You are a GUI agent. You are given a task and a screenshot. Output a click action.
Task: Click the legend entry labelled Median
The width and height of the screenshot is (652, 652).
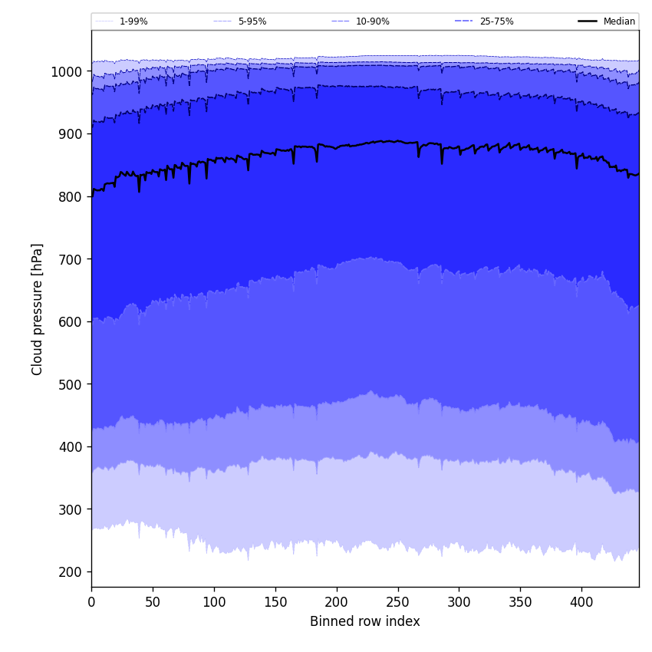[618, 21]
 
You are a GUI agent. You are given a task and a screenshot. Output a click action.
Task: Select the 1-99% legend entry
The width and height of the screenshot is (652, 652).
[133, 21]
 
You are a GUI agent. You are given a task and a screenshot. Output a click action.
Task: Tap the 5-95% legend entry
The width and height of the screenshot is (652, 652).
[252, 21]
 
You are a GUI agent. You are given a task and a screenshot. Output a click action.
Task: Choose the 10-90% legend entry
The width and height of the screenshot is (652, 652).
[372, 21]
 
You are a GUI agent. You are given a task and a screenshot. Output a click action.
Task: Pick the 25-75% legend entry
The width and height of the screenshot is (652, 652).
[496, 21]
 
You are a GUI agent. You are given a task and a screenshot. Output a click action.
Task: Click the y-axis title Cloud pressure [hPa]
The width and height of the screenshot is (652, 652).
[38, 308]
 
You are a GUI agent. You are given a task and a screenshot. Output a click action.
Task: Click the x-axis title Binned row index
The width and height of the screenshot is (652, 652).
[364, 621]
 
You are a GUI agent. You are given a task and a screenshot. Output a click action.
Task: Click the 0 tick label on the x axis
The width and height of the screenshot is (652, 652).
[91, 602]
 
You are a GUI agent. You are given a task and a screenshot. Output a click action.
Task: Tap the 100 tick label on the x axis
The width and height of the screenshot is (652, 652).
[214, 602]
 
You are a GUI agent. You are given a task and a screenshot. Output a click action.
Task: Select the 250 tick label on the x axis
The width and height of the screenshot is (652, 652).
[397, 602]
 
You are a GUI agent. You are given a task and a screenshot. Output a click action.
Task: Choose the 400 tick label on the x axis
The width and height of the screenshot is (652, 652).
[581, 602]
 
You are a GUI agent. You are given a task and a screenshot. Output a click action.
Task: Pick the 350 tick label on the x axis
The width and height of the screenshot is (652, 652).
[520, 602]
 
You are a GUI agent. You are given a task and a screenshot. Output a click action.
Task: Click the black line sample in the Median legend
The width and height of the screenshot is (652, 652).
[588, 21]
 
